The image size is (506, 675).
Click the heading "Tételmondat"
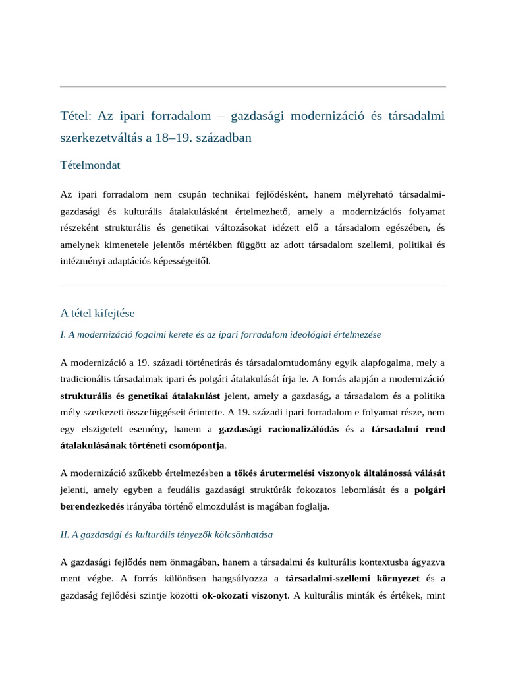tap(90, 165)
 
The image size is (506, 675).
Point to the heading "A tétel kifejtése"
tap(98, 312)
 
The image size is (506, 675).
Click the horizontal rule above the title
tap(253, 87)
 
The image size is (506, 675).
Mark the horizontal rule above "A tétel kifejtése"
tap(253, 285)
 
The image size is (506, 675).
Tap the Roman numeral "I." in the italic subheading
tap(64, 334)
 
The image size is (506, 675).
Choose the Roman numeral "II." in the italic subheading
tap(65, 535)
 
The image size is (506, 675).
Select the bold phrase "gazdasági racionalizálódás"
tap(279, 429)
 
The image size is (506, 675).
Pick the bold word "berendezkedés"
tap(93, 506)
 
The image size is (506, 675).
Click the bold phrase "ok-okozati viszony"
tap(244, 595)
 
